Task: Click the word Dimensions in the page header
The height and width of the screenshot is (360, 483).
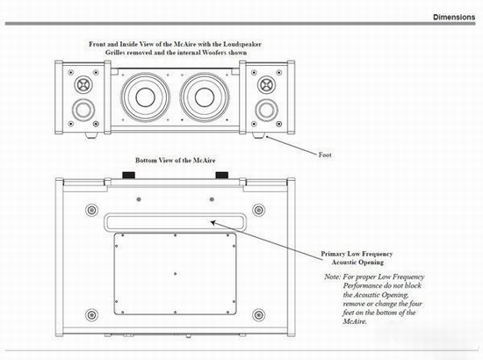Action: coord(454,17)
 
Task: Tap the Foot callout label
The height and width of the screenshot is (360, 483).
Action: coord(325,155)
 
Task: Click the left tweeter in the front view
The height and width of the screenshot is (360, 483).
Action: coord(83,84)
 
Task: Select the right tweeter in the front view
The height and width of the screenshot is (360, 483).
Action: coord(266,84)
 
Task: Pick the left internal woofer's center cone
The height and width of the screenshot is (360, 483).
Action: coord(145,97)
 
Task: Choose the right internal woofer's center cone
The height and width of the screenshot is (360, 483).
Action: coord(205,97)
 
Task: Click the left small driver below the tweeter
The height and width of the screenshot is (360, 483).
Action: coord(83,110)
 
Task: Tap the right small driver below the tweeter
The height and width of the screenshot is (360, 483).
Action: coord(266,110)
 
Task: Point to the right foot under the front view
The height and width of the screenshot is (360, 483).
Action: coord(258,135)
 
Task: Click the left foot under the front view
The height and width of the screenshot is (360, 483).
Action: coord(91,135)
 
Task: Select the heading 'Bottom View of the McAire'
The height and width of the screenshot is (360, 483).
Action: coord(176,160)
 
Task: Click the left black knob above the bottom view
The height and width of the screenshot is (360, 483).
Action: coord(129,176)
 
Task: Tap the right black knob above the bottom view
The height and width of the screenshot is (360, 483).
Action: coord(222,176)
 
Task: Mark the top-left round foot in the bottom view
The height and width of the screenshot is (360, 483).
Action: coord(91,211)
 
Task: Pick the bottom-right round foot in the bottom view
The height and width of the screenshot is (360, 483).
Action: coord(259,315)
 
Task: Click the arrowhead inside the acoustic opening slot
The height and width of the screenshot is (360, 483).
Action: coord(213,222)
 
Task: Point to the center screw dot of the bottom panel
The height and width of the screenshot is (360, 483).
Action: coord(176,273)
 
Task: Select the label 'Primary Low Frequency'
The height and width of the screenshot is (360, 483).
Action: coord(357,254)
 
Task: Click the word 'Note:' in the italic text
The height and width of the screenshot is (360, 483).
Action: coord(332,277)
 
